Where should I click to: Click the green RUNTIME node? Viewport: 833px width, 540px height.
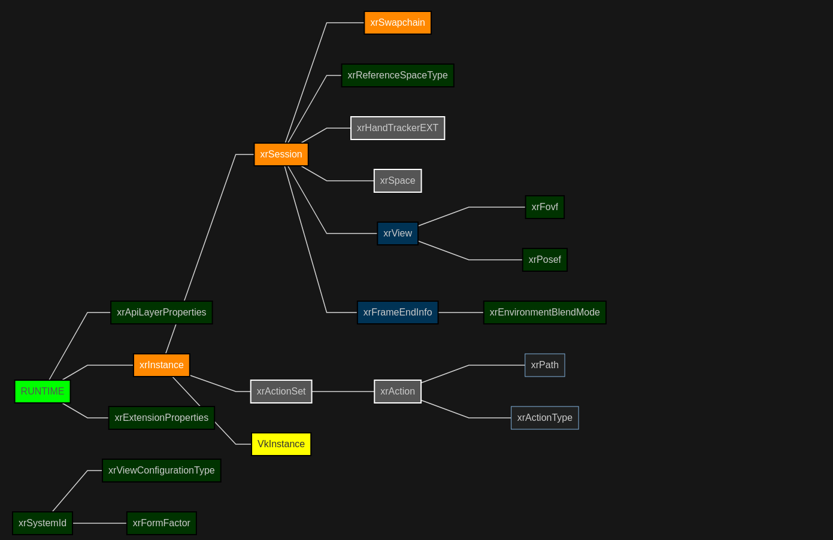(43, 392)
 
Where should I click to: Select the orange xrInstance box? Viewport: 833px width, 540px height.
(162, 365)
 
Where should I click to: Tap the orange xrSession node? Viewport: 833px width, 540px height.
(281, 154)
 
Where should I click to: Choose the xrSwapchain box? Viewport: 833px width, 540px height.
(398, 23)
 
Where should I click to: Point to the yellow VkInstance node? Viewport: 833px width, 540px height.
(281, 444)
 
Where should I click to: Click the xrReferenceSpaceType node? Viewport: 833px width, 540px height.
(398, 75)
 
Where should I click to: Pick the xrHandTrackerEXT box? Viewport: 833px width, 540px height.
(398, 128)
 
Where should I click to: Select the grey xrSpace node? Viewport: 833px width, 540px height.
(398, 181)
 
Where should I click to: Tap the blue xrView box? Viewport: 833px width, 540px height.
(398, 233)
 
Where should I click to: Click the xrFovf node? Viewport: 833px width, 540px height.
(544, 207)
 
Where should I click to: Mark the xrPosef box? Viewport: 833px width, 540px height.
(544, 260)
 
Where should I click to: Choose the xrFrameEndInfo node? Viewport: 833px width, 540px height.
(398, 313)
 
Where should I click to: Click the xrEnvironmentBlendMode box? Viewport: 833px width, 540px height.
(544, 313)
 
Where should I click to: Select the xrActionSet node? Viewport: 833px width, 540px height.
(281, 392)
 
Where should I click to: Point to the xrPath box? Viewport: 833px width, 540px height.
(544, 365)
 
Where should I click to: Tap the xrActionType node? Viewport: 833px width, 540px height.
(544, 418)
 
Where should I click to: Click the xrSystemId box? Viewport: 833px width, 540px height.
(43, 523)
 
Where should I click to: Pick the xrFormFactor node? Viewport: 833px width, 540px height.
(162, 523)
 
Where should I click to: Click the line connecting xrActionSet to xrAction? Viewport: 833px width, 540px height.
(343, 392)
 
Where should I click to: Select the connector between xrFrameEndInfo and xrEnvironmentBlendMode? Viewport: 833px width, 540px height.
(461, 313)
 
